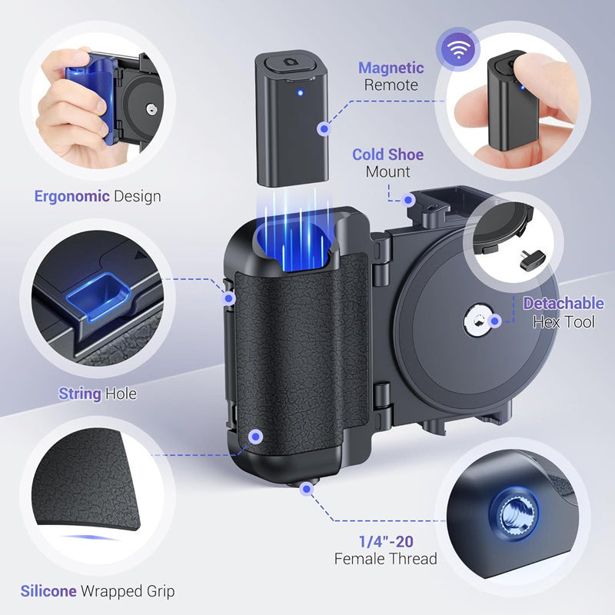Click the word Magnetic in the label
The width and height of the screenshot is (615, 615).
[x=391, y=68]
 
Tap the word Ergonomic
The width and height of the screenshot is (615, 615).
[x=71, y=196]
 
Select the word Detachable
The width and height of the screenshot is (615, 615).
[x=563, y=304]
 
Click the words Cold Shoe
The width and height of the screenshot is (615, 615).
[x=387, y=155]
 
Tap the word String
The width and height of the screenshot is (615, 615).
[x=80, y=394]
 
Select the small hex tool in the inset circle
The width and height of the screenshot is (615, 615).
[x=531, y=258]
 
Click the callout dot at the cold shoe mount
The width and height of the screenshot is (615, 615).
[x=410, y=200]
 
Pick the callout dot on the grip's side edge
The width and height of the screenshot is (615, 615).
[x=229, y=297]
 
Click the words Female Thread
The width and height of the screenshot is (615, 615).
[x=385, y=559]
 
